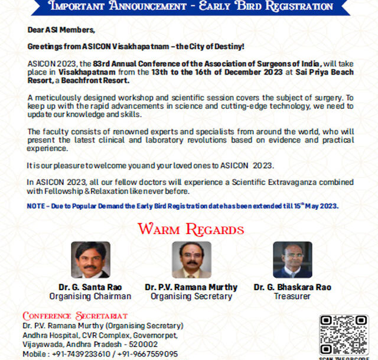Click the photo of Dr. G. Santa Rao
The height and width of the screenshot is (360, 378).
tap(90, 260)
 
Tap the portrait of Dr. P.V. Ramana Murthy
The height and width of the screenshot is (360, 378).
tap(191, 260)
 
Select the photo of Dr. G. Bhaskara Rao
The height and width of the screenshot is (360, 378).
tap(292, 260)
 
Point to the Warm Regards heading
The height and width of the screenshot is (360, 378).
tap(190, 229)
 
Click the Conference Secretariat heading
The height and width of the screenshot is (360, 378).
tap(75, 316)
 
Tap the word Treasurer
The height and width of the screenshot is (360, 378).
tap(292, 296)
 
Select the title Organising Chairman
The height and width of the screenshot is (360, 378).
tap(90, 296)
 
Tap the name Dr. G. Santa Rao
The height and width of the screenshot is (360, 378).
tap(90, 287)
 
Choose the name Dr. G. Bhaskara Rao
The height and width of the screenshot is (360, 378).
tap(292, 287)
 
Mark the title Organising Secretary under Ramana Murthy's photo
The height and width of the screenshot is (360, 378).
tap(191, 296)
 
